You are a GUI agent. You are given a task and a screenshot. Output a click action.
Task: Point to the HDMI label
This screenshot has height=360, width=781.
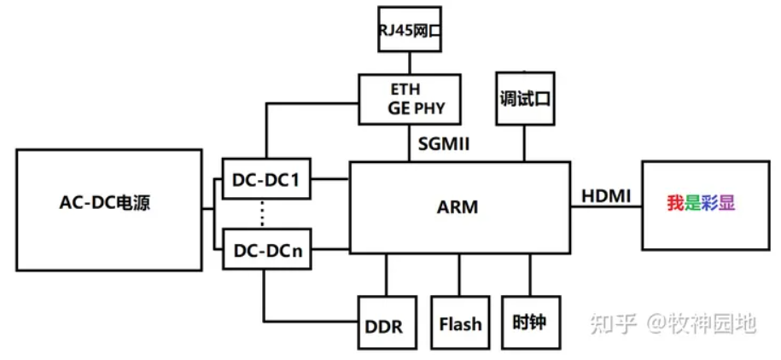[606, 197]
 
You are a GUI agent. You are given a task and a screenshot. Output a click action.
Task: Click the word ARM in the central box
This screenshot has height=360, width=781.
[458, 206]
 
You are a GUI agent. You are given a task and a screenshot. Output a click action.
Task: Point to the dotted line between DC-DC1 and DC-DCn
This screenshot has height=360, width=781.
[262, 213]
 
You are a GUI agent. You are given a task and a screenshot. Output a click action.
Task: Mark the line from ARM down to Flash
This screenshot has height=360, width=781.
[460, 274]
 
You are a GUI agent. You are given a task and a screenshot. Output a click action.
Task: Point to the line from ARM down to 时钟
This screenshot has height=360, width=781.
[530, 274]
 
